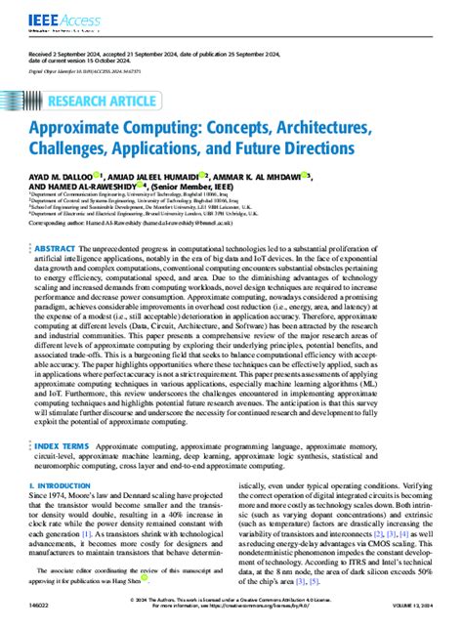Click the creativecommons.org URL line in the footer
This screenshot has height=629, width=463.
point(231,609)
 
